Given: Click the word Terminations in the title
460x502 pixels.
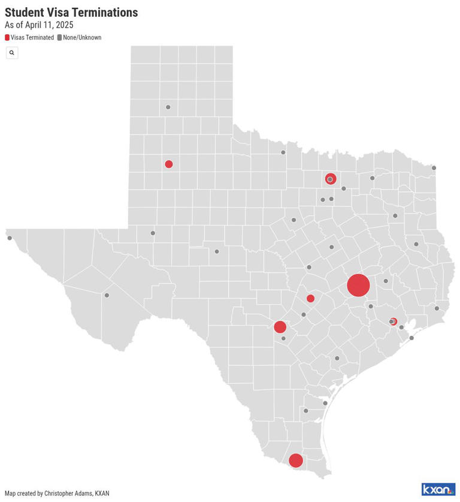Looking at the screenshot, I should point(105,12).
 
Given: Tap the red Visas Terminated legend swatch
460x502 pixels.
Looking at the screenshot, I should point(7,37).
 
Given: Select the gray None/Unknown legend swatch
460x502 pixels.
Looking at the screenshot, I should point(59,37).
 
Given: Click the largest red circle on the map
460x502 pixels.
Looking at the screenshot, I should point(358,285).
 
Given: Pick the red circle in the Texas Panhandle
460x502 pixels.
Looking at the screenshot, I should point(169,164).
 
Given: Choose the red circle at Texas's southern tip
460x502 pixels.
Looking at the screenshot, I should point(295,461).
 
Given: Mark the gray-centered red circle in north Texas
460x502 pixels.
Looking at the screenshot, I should point(330,179).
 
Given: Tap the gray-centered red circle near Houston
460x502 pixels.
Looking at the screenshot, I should point(392,321).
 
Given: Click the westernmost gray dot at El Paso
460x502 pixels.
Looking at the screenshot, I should point(10,238).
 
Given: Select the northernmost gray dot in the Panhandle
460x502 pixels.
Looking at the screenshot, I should point(168,107).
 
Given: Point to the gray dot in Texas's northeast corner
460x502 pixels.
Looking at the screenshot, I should point(434,168).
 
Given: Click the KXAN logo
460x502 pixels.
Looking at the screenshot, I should point(438,489).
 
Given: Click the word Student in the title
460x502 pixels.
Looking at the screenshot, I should point(26,12).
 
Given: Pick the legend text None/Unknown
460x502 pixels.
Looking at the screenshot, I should point(82,37).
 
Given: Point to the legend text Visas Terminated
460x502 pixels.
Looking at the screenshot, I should point(32,37).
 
